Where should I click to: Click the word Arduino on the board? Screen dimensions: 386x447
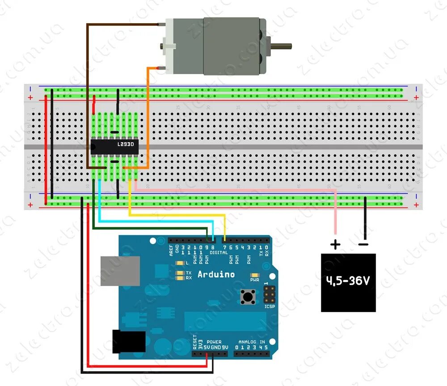(x=216, y=274)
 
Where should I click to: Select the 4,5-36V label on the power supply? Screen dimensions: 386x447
(x=348, y=281)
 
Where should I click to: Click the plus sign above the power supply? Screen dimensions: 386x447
(x=335, y=244)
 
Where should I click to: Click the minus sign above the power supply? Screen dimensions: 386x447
(x=363, y=244)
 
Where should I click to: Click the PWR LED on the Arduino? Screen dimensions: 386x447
(x=255, y=275)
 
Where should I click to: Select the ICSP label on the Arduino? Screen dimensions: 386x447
(x=270, y=307)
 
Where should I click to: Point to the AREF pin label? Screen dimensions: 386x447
(x=171, y=250)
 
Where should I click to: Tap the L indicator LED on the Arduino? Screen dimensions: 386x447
(x=180, y=264)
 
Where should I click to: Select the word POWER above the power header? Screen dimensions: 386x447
(x=214, y=342)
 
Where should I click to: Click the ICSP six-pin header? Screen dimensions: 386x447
(x=270, y=295)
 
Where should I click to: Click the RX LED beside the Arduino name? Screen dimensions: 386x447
(x=180, y=278)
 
